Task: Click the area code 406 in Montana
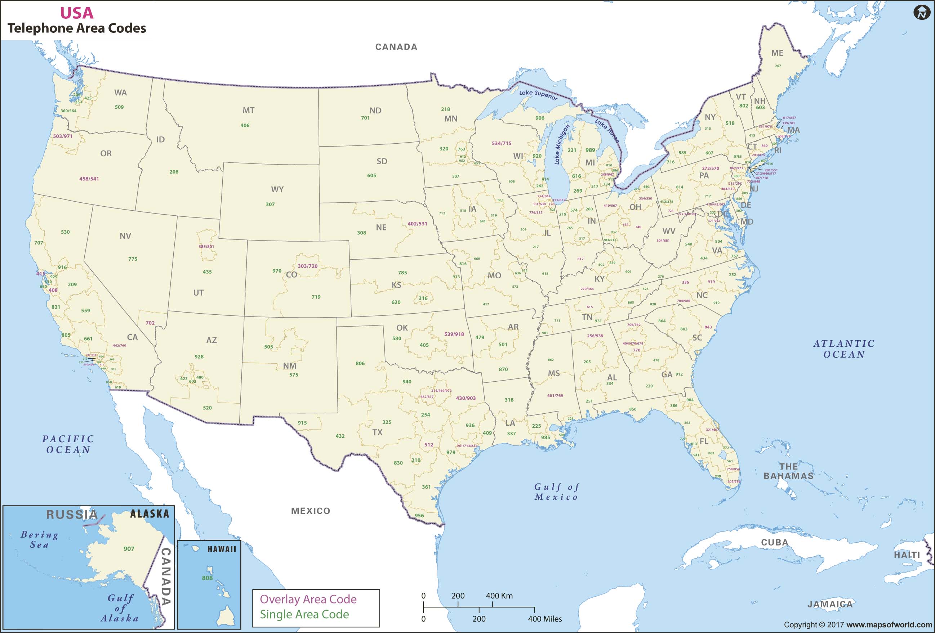point(245,125)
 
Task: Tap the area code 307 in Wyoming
point(270,204)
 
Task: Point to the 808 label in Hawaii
point(207,578)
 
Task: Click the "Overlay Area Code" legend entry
point(308,599)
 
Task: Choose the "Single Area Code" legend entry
point(304,614)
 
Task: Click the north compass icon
point(921,13)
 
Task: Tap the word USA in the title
point(76,13)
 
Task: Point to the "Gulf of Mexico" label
point(556,492)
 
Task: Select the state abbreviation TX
point(377,432)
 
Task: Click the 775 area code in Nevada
point(133,259)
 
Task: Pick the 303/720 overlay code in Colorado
point(307,266)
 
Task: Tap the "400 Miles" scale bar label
point(545,619)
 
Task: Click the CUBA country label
point(774,543)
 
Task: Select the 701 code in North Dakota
point(365,118)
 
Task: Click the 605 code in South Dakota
point(371,176)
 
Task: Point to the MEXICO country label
point(310,511)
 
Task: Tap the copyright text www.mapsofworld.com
point(889,625)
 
